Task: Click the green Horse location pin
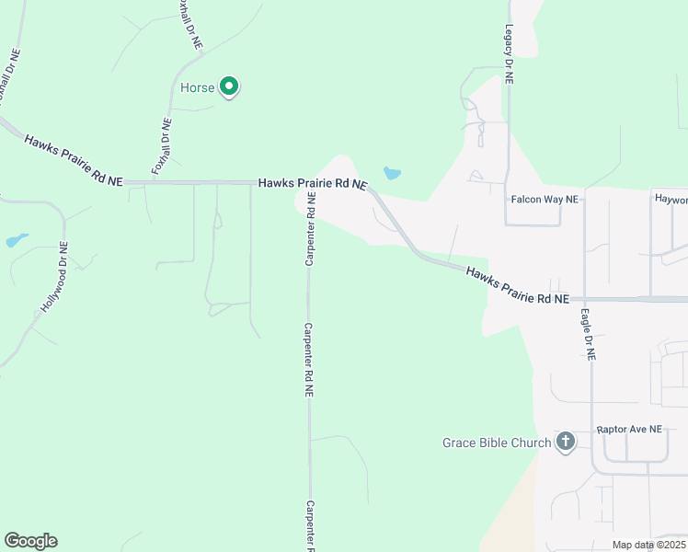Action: (x=229, y=86)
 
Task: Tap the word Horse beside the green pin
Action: (x=203, y=88)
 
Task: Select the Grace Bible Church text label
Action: (x=497, y=443)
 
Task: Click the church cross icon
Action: (x=565, y=443)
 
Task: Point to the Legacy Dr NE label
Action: (x=509, y=55)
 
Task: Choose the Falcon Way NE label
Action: (x=545, y=199)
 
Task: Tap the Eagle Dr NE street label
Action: (x=588, y=333)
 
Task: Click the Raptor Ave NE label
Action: (x=629, y=430)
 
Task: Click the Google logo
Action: (x=30, y=541)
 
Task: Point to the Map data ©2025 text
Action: (x=648, y=545)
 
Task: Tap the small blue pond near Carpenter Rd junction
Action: (x=392, y=173)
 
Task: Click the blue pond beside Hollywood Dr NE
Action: (x=17, y=241)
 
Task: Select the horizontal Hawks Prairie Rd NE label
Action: (x=313, y=184)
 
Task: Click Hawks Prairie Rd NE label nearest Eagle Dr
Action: (x=517, y=286)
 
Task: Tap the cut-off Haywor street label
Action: (x=671, y=199)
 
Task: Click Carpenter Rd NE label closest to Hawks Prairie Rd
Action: (x=311, y=230)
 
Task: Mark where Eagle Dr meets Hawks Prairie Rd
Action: (x=585, y=300)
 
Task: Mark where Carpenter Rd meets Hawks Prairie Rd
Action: (x=307, y=183)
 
